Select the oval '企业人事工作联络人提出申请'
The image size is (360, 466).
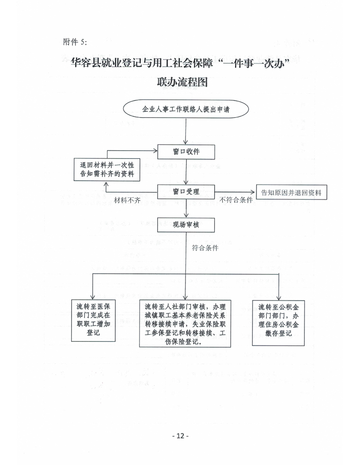click(x=186, y=110)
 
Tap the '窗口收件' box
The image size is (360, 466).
click(x=186, y=151)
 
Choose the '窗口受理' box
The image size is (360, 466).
click(x=186, y=192)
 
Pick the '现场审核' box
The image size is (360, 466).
click(x=186, y=225)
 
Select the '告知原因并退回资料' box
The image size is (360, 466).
click(x=291, y=193)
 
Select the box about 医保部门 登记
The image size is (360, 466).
click(x=93, y=319)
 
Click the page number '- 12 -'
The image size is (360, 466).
click(x=180, y=436)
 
